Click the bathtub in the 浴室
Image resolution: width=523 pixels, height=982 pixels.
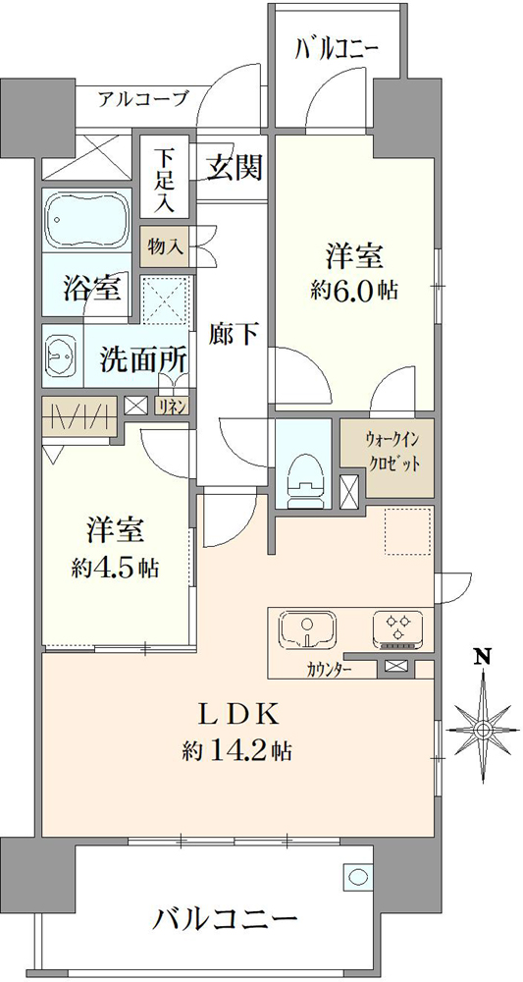pyautogui.click(x=87, y=220)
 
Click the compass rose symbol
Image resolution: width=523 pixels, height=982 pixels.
pyautogui.click(x=483, y=729)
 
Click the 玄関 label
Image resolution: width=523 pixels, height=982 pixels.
pyautogui.click(x=235, y=169)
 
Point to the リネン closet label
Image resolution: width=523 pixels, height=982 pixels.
pyautogui.click(x=174, y=406)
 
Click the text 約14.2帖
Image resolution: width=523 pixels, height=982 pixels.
pyautogui.click(x=236, y=749)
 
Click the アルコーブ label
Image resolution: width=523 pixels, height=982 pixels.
pyautogui.click(x=142, y=98)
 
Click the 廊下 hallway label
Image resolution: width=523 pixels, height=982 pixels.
pyautogui.click(x=233, y=335)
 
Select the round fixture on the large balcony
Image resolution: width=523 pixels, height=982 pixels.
pyautogui.click(x=357, y=876)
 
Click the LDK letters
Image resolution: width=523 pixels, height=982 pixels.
pyautogui.click(x=237, y=714)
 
